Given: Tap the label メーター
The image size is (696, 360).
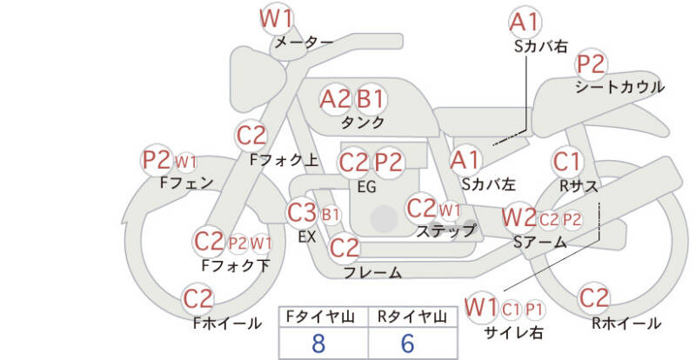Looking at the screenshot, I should click(304, 42).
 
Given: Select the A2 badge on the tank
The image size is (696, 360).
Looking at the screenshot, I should click(335, 99).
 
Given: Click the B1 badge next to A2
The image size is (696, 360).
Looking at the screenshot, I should click(370, 99).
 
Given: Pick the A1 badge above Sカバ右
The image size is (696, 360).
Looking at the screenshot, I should click(525, 22).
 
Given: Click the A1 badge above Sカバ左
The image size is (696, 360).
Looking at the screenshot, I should click(465, 159).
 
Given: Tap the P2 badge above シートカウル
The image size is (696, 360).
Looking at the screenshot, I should click(591, 63).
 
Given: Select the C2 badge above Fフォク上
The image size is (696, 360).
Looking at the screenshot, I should click(251, 136).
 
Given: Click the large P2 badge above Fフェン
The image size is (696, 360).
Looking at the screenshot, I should click(157, 160).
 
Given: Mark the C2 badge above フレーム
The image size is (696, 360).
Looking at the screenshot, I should click(345, 248).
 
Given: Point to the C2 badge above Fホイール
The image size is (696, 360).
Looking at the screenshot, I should click(198, 299).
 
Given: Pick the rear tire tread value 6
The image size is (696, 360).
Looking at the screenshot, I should click(408, 342).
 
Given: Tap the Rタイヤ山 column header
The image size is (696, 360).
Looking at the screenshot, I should click(410, 317).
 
